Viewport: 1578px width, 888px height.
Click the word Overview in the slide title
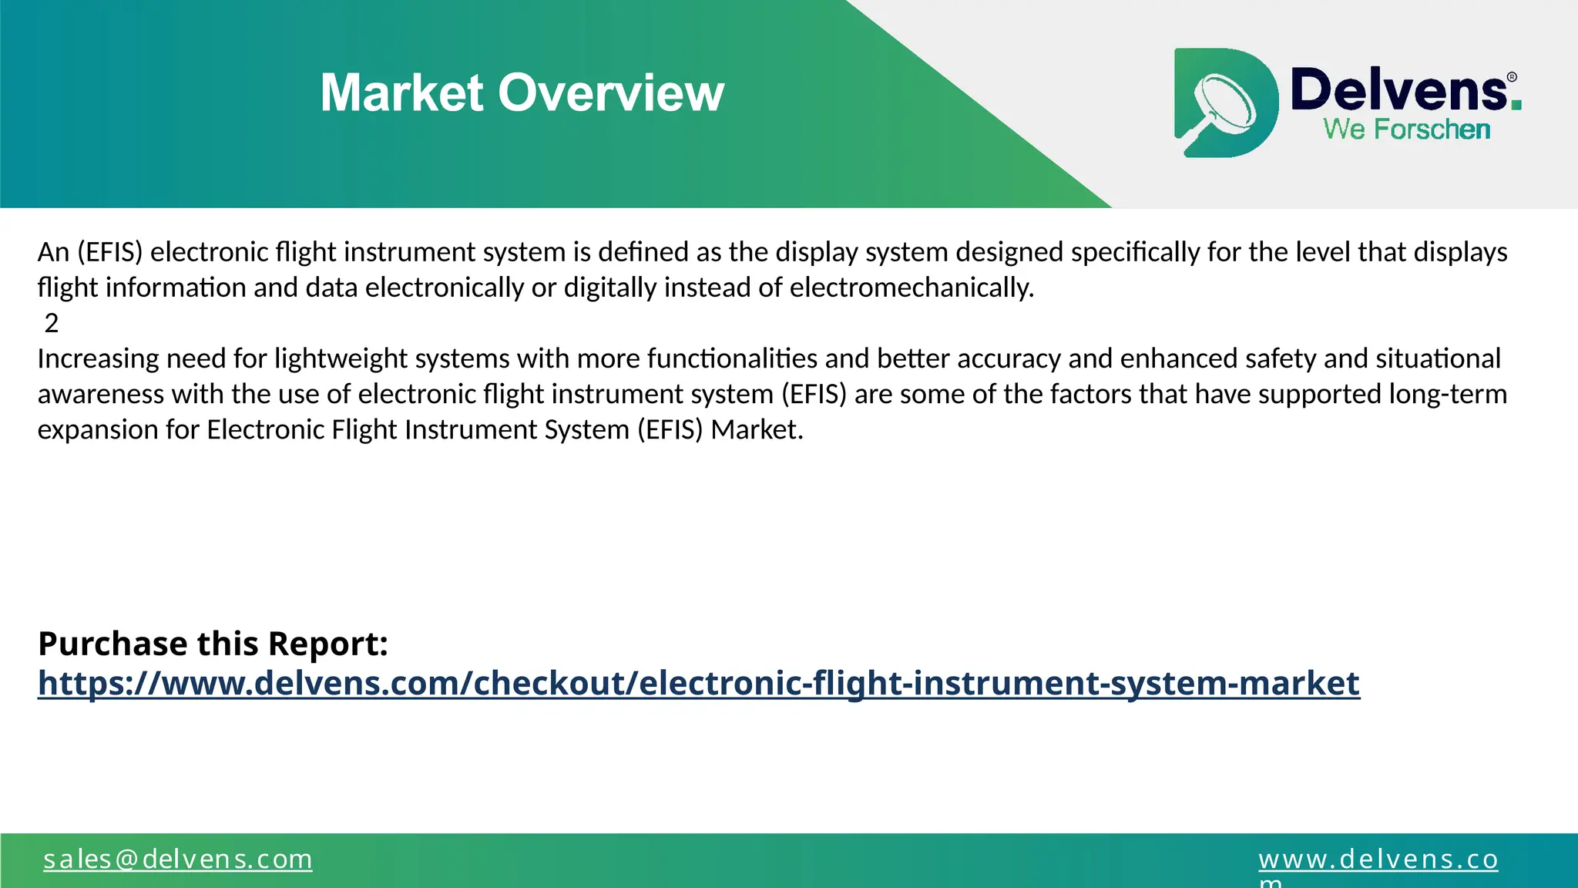coord(611,93)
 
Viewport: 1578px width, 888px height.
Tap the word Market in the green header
coord(401,93)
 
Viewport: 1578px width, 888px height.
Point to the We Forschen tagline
coord(1406,129)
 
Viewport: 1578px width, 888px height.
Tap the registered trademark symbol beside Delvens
coord(1512,77)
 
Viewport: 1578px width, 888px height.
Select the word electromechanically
coord(912,288)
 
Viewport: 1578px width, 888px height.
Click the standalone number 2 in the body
coord(52,323)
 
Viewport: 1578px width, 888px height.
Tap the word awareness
coord(100,394)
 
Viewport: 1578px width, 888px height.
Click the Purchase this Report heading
coord(213,644)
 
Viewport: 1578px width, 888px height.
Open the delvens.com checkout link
coord(698,683)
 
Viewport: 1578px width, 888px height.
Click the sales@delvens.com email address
coord(177,859)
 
